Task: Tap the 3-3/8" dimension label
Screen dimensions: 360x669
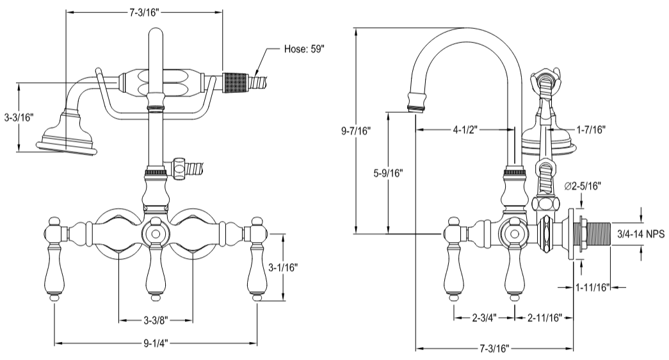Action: click(156, 318)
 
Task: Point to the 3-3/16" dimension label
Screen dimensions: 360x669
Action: click(18, 117)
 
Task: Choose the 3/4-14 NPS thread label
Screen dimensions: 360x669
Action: click(640, 234)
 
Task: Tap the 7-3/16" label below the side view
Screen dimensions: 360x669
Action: click(494, 348)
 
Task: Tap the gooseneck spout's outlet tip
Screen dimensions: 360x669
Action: click(417, 102)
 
